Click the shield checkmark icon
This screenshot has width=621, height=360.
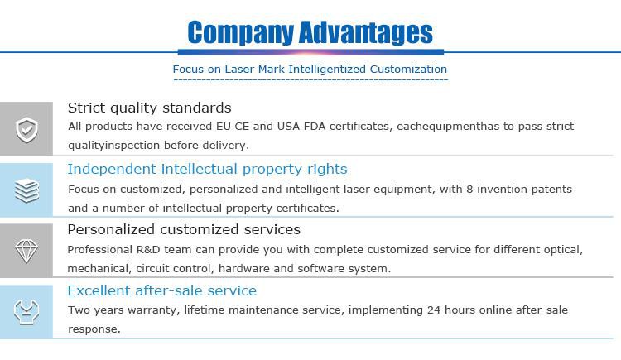tap(26, 129)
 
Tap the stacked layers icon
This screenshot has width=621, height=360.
tap(26, 190)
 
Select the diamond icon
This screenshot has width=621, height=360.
tap(26, 251)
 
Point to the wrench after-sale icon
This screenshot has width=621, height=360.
tap(26, 312)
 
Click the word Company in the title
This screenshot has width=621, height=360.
tap(240, 33)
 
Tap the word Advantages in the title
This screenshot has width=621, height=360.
tap(366, 33)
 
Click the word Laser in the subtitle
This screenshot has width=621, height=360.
tap(239, 69)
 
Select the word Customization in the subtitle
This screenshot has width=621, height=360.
tap(408, 69)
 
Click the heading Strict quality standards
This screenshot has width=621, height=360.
tap(149, 108)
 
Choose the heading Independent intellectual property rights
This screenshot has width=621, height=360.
tap(207, 169)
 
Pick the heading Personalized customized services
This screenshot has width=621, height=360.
tap(184, 230)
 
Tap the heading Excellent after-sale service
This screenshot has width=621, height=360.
tap(162, 290)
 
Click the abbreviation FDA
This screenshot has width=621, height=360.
tap(315, 127)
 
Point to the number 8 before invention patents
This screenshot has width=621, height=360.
tap(469, 190)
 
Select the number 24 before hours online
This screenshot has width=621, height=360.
tap(434, 310)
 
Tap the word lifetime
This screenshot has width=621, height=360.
tap(205, 310)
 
